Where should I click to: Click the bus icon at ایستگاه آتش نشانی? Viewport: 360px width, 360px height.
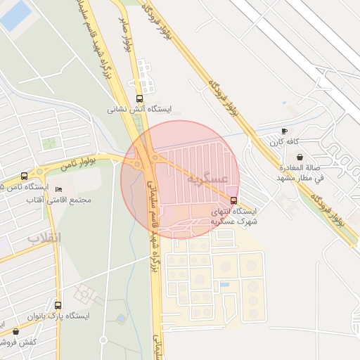(x=139, y=99)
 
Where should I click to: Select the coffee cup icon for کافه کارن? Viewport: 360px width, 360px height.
(x=284, y=131)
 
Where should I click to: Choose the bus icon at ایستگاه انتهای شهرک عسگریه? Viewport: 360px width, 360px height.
(x=233, y=200)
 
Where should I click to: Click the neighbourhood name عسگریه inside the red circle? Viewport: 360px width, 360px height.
(x=207, y=179)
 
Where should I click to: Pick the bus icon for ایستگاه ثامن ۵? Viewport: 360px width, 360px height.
(x=25, y=176)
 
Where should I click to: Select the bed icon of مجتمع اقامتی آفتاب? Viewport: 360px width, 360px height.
(x=58, y=190)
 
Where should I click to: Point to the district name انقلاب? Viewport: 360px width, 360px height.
(x=45, y=238)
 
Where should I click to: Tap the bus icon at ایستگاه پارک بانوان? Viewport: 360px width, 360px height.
(x=58, y=305)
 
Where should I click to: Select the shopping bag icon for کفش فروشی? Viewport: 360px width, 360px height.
(x=15, y=331)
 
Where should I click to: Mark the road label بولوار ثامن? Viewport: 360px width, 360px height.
(x=77, y=165)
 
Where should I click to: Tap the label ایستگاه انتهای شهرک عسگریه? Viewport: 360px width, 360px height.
(x=234, y=215)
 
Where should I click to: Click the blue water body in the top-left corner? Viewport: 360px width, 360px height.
(x=15, y=15)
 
